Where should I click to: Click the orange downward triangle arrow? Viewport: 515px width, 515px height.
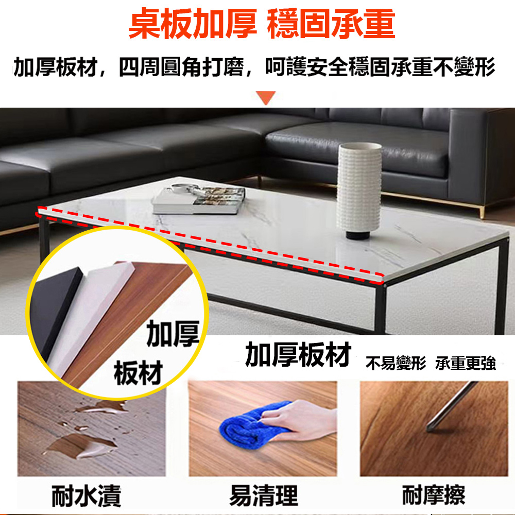[x=266, y=97]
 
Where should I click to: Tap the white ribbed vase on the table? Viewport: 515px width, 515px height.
[x=359, y=187]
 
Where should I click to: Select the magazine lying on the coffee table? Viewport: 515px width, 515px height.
[x=199, y=199]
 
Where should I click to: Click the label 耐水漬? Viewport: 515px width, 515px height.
[x=87, y=496]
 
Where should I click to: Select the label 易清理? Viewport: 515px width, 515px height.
[x=264, y=495]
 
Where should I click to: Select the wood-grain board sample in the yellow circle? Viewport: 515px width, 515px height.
[x=128, y=325]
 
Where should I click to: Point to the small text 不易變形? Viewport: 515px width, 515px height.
[x=396, y=363]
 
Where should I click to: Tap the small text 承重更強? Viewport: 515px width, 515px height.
[x=466, y=363]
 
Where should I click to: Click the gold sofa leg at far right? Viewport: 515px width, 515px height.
[x=482, y=212]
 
